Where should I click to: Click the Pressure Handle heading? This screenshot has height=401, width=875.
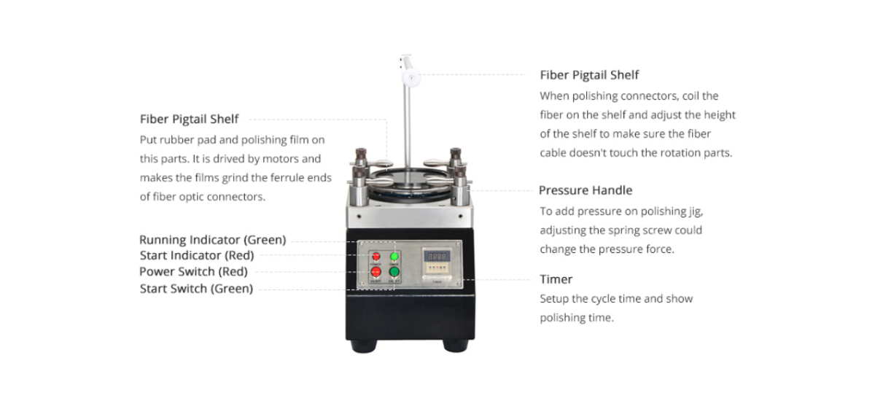click(x=585, y=190)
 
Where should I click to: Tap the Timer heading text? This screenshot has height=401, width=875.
click(x=556, y=279)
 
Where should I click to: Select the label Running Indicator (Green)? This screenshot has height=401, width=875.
click(x=212, y=240)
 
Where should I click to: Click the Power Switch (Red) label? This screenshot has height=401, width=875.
click(x=193, y=271)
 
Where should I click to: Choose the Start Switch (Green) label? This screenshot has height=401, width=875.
click(x=196, y=289)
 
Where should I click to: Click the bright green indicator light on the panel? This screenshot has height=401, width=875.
click(x=394, y=257)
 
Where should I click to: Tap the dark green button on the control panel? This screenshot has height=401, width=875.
click(x=394, y=273)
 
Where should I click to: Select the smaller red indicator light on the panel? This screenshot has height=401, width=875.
click(x=376, y=257)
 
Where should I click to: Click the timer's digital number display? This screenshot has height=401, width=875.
click(x=436, y=257)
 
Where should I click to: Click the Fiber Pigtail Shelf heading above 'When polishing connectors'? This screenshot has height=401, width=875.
click(x=589, y=74)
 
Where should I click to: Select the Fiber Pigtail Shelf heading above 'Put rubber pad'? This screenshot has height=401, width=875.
click(x=189, y=119)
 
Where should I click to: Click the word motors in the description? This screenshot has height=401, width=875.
click(x=282, y=158)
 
